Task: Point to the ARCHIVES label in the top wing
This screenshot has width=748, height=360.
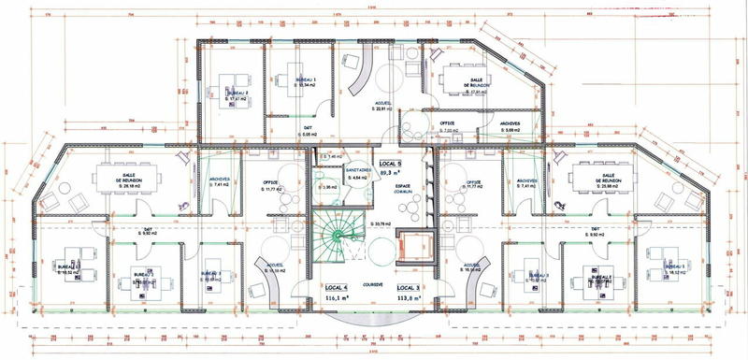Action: pos(510,123)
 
